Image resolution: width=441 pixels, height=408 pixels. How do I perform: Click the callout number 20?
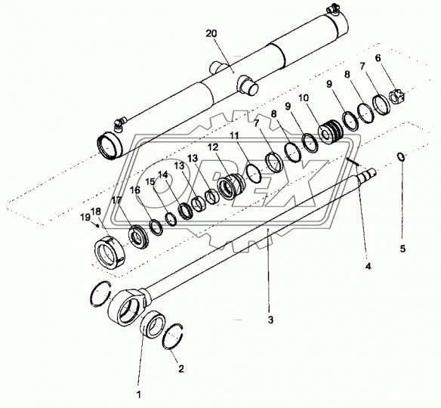(x=211, y=34)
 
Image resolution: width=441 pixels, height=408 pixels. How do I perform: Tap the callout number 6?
(x=378, y=58)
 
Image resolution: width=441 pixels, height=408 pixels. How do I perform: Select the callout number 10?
(x=304, y=98)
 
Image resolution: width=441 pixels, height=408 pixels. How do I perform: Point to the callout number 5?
(x=402, y=249)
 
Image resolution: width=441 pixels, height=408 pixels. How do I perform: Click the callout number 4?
(x=369, y=266)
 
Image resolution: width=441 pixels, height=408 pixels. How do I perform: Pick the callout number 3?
(x=270, y=320)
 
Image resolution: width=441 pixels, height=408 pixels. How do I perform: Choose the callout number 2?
(x=181, y=369)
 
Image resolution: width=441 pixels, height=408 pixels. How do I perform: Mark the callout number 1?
(x=138, y=394)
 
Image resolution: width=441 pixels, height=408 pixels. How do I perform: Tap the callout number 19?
(x=85, y=217)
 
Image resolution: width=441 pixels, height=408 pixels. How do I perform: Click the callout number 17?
(x=116, y=201)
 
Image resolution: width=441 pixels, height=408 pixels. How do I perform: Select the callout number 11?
(x=234, y=136)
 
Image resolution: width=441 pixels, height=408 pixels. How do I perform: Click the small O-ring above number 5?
(x=401, y=156)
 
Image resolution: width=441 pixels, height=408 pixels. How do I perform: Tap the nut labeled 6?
(x=397, y=95)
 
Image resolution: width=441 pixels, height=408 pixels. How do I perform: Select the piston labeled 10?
(x=331, y=133)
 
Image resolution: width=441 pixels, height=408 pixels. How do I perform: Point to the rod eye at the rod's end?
(x=127, y=308)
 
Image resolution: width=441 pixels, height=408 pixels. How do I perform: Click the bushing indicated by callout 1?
(x=153, y=325)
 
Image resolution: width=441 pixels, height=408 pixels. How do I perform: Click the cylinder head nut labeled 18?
(x=109, y=252)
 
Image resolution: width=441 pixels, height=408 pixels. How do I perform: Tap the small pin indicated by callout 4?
(x=353, y=162)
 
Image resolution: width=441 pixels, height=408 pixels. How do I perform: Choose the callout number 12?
(x=213, y=147)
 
